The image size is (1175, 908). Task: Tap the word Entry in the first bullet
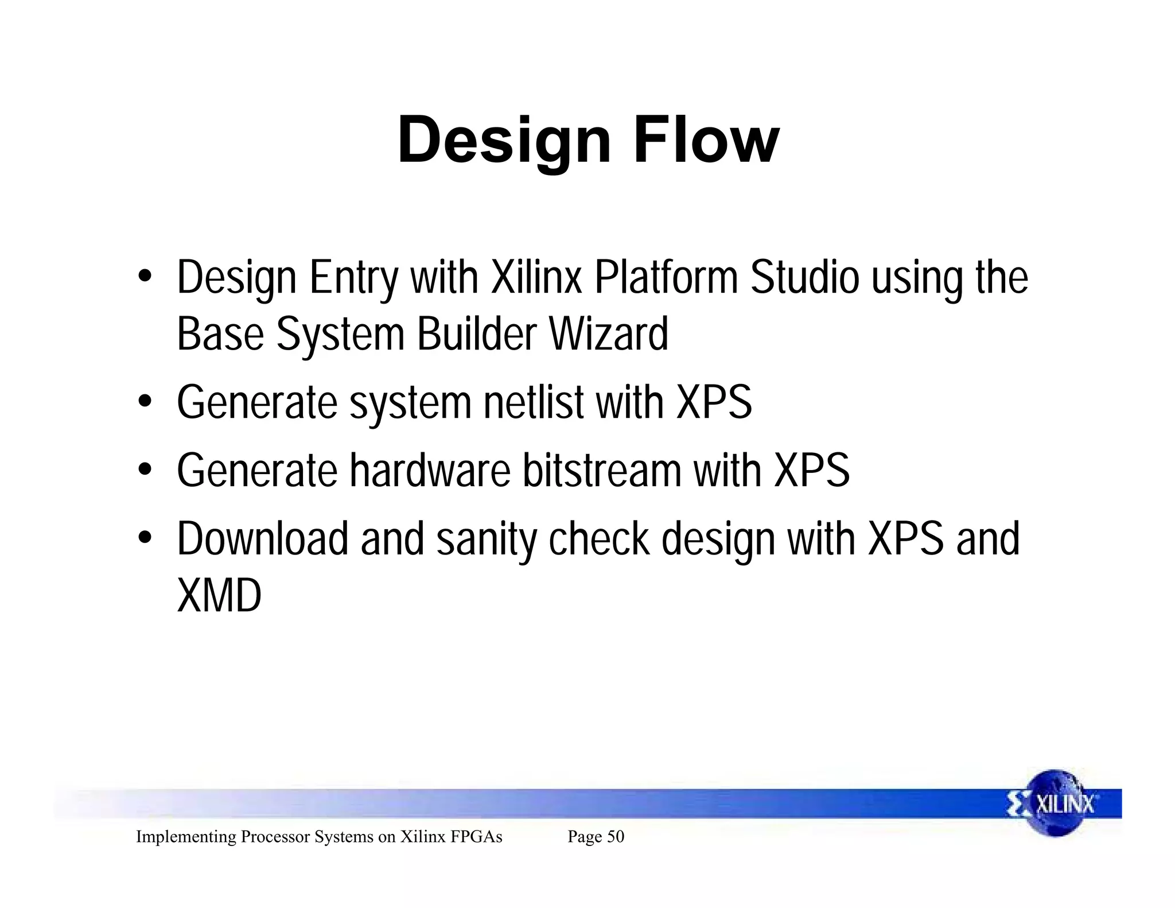point(353,279)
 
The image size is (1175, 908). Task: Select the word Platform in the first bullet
point(666,278)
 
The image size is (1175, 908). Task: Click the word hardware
point(430,471)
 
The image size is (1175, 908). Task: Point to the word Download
point(262,539)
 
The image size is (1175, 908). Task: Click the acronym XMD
point(219,596)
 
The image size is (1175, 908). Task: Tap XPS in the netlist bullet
point(714,402)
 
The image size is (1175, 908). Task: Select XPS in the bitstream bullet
point(811,471)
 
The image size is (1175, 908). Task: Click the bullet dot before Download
point(145,538)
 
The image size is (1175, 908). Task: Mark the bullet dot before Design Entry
point(145,277)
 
